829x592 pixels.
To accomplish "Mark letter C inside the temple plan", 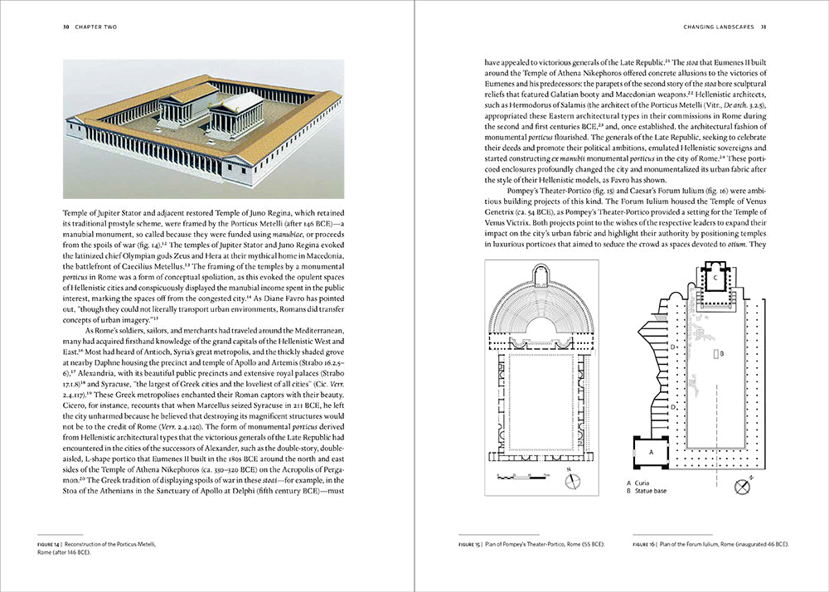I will click(715, 279).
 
